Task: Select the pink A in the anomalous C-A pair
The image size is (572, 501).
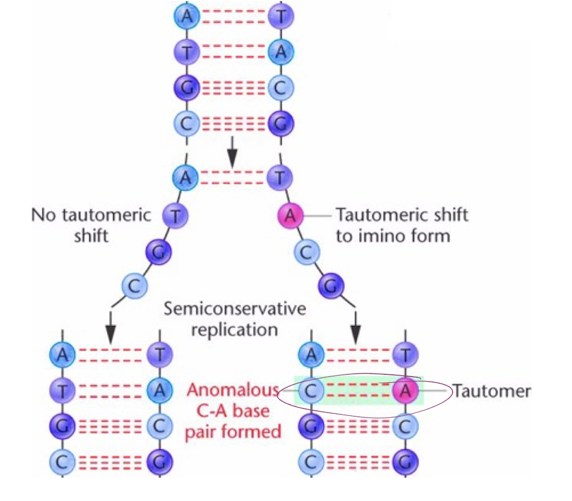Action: tap(405, 391)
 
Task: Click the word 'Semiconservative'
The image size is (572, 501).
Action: tap(235, 309)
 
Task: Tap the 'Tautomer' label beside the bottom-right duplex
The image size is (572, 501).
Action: tap(491, 391)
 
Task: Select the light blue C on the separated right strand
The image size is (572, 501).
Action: tap(306, 253)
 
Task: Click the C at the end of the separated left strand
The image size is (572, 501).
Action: tap(135, 285)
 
